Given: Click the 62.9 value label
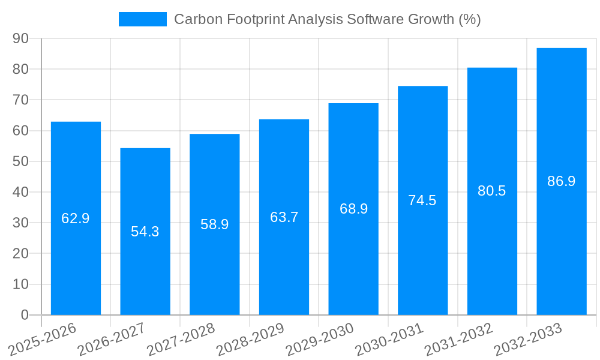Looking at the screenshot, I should (76, 218).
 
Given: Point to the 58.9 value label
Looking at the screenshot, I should (215, 224).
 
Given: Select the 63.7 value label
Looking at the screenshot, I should (284, 217).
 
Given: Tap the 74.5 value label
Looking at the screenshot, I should (422, 200).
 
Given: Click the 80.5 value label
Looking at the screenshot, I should (492, 191).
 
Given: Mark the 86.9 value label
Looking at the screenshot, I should (562, 181).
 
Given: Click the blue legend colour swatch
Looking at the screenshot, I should (143, 19).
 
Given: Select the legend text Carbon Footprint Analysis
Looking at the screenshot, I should (258, 19).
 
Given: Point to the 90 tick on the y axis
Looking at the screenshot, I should (21, 38).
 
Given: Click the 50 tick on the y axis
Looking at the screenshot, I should (21, 161).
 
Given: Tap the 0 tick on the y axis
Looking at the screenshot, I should (25, 315).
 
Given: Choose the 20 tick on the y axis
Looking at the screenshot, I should (21, 253).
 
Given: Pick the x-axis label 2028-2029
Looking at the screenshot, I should (251, 339).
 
